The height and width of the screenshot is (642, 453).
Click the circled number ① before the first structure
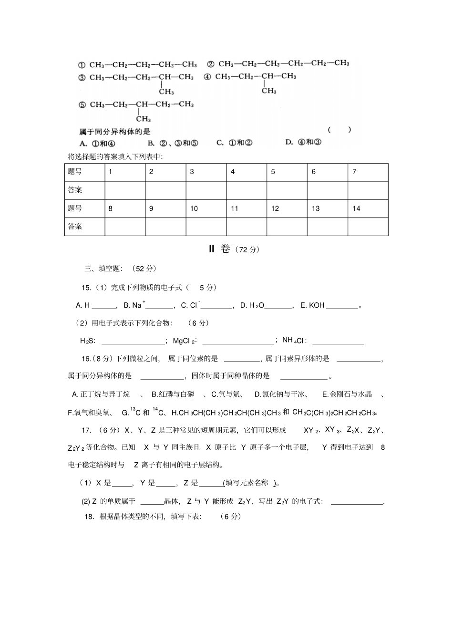[x=82, y=65]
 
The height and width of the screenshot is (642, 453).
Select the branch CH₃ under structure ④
[x=268, y=91]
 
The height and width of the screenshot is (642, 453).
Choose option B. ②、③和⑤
[x=173, y=143]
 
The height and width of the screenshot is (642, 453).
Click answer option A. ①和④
[x=97, y=143]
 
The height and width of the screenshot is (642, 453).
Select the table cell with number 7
[x=368, y=172]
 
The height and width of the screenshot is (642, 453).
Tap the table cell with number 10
[x=206, y=208]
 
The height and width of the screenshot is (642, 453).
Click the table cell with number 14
[x=368, y=208]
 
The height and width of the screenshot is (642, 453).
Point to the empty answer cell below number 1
[x=125, y=190]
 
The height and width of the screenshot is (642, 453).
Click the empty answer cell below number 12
[x=287, y=227]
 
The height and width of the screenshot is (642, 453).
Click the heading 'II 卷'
[x=220, y=249]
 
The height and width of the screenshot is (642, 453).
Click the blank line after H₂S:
[x=133, y=342]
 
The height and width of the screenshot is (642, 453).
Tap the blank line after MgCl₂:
[x=238, y=342]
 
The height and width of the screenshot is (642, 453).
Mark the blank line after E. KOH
[x=342, y=306]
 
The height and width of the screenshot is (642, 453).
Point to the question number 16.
[x=86, y=359]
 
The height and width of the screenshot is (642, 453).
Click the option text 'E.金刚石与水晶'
[x=347, y=394]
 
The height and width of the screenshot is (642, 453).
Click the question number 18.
[x=89, y=517]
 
